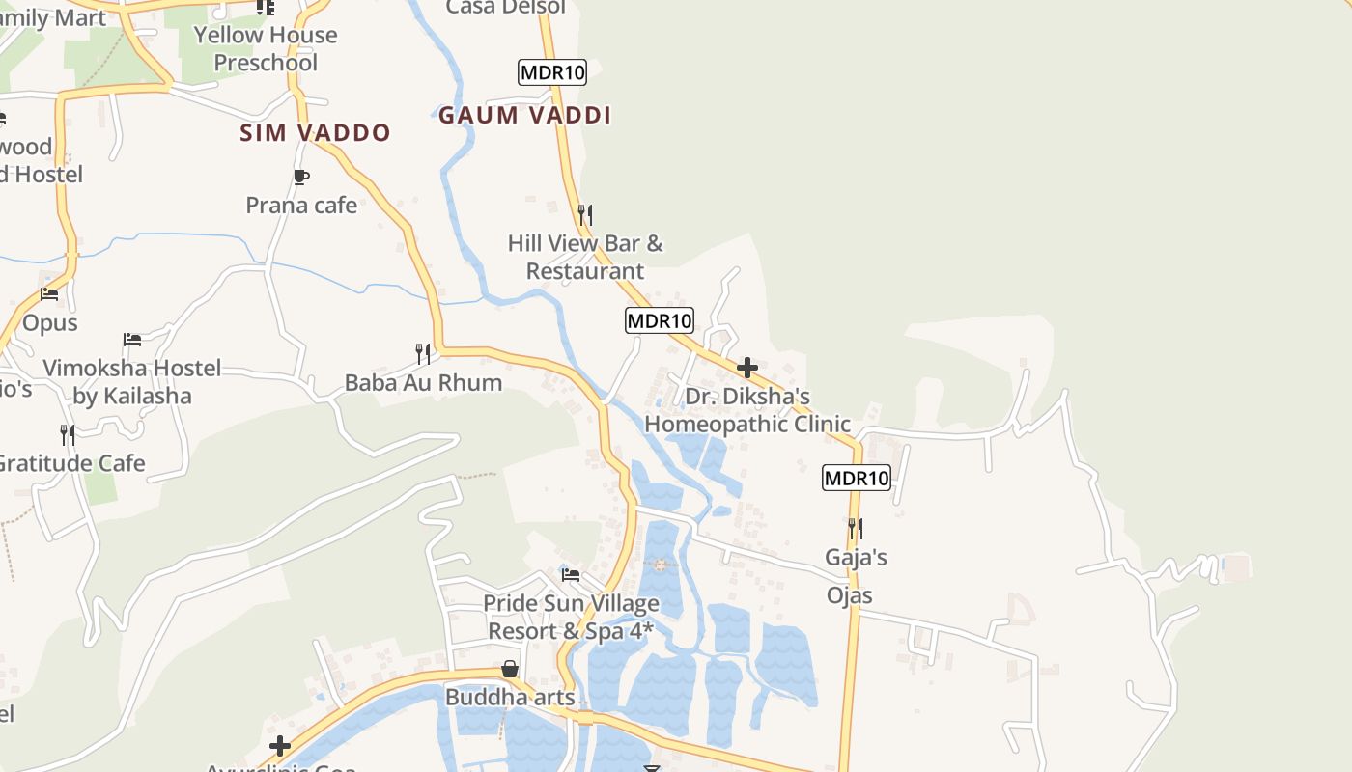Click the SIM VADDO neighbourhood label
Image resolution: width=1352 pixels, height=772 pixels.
point(315,133)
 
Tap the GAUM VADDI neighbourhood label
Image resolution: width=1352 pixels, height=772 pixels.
point(524,116)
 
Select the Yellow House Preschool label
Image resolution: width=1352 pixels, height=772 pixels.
point(266,49)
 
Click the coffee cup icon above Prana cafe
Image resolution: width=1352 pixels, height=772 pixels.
point(300,177)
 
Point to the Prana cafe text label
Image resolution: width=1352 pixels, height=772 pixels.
point(301,206)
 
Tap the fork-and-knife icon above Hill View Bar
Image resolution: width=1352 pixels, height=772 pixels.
point(584,214)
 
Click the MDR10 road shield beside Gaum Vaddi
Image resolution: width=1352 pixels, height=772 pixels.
point(552,72)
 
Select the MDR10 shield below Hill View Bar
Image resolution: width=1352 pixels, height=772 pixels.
point(660,320)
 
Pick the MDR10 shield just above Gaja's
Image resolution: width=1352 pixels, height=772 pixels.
point(856,478)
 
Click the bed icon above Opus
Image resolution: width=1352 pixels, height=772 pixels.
point(49,294)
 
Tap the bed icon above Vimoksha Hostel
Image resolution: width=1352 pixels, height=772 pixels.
point(132,340)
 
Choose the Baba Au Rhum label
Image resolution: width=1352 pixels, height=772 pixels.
point(423,383)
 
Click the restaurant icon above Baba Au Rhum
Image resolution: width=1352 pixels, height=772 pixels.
point(422,354)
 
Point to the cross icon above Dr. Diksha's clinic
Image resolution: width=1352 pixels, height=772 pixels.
point(746,368)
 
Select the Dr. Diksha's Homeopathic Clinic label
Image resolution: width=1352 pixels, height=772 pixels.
point(747,410)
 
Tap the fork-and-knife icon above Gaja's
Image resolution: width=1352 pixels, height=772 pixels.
point(855,529)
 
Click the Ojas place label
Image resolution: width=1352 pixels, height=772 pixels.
point(850,595)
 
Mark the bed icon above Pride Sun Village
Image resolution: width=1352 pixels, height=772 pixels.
point(571,576)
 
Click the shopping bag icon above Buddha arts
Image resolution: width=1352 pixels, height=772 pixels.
point(510,669)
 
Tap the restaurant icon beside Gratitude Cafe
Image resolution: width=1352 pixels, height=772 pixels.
point(67,435)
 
